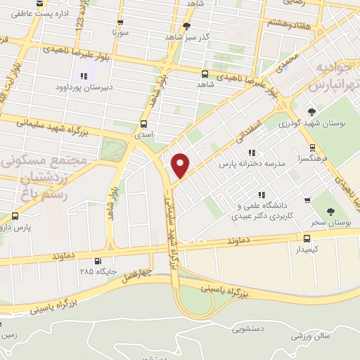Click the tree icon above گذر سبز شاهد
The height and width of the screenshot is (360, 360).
pyautogui.click(x=186, y=26)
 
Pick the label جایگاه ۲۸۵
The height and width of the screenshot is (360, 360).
pyautogui.click(x=96, y=271)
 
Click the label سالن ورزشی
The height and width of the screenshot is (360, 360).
pyautogui.click(x=313, y=336)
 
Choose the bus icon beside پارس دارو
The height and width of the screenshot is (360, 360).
pyautogui.click(x=15, y=216)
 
